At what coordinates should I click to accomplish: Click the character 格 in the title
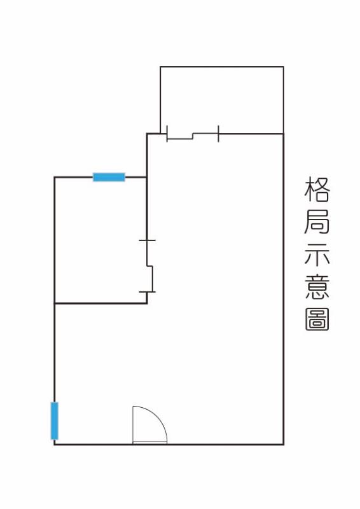click(x=317, y=189)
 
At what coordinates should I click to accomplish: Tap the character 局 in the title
click(x=317, y=221)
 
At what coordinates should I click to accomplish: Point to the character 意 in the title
click(x=317, y=287)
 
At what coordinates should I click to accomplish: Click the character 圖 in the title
click(x=317, y=319)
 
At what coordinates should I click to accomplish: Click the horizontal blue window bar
click(x=109, y=178)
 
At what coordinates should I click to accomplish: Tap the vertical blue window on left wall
click(x=55, y=421)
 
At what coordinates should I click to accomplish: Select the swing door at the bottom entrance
click(x=149, y=425)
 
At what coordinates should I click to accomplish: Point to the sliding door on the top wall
click(x=193, y=136)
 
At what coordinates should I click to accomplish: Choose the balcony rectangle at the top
click(x=222, y=100)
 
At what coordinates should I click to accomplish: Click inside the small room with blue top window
click(x=100, y=241)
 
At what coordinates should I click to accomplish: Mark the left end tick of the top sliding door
click(x=167, y=134)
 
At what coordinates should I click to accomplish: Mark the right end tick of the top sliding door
click(x=218, y=134)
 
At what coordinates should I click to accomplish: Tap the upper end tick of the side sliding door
click(x=147, y=241)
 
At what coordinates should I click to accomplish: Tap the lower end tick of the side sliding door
click(x=147, y=292)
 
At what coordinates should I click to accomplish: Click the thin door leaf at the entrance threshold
click(x=150, y=443)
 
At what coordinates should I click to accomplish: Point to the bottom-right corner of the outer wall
click(x=284, y=444)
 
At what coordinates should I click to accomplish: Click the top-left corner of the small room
click(x=55, y=178)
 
